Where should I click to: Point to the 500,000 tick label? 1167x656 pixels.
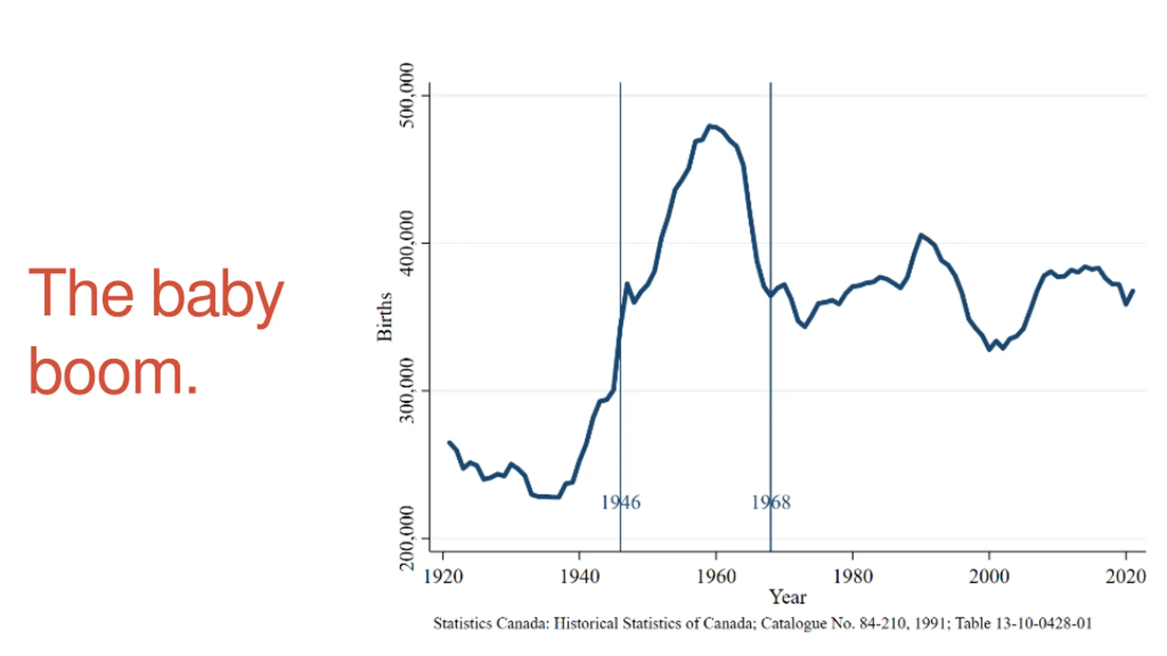pyautogui.click(x=407, y=96)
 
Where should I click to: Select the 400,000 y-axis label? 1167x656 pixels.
pyautogui.click(x=407, y=243)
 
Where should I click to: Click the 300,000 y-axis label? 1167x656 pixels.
pyautogui.click(x=407, y=390)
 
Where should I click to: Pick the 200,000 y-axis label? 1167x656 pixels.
pyautogui.click(x=407, y=538)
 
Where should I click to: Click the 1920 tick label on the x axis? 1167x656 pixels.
pyautogui.click(x=443, y=577)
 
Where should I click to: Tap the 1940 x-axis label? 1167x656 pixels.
pyautogui.click(x=579, y=577)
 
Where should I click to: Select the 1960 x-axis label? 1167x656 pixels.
pyautogui.click(x=716, y=577)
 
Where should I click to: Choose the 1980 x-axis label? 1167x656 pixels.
pyautogui.click(x=853, y=577)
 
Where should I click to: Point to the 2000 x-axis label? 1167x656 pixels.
pyautogui.click(x=989, y=577)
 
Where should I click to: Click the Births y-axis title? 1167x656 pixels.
pyautogui.click(x=384, y=317)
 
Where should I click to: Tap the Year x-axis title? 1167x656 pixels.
pyautogui.click(x=788, y=597)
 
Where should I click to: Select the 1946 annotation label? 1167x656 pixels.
pyautogui.click(x=620, y=502)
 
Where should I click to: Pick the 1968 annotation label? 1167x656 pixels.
pyautogui.click(x=771, y=502)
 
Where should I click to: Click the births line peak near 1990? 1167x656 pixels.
pyautogui.click(x=921, y=235)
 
